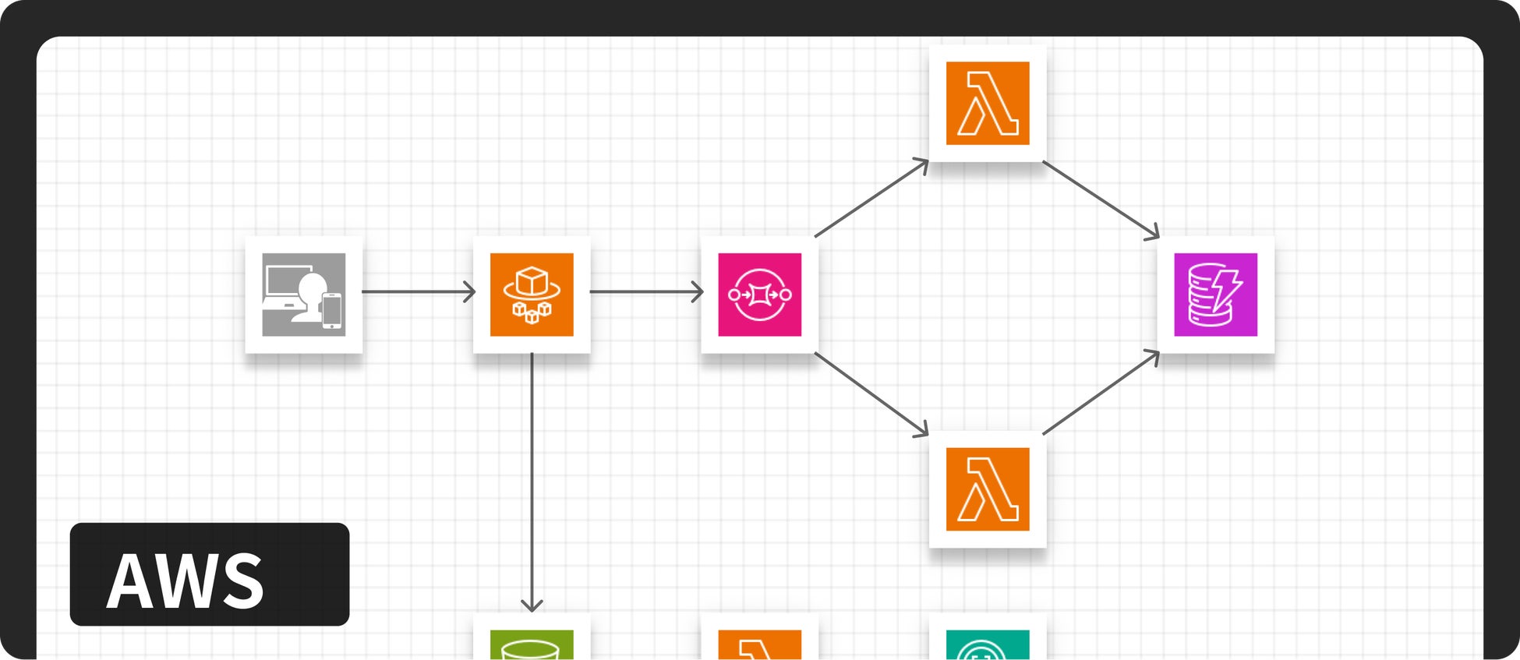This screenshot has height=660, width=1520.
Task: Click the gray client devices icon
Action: pyautogui.click(x=303, y=295)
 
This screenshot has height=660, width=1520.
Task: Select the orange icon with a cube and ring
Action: pyautogui.click(x=532, y=295)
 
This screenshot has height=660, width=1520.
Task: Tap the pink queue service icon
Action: pyautogui.click(x=759, y=295)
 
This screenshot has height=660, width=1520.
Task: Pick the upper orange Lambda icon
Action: pyautogui.click(x=988, y=103)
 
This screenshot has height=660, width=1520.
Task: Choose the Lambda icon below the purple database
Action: pyautogui.click(x=988, y=489)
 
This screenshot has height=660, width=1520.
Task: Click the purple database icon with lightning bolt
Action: pyautogui.click(x=1215, y=295)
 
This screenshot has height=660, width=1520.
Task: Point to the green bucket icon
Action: pyautogui.click(x=532, y=645)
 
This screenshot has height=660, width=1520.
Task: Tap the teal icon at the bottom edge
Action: pyautogui.click(x=988, y=645)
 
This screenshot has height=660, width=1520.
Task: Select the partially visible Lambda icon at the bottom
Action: pyautogui.click(x=759, y=645)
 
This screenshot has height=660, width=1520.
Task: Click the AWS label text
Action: pyautogui.click(x=186, y=581)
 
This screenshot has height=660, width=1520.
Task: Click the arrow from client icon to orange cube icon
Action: pyautogui.click(x=419, y=292)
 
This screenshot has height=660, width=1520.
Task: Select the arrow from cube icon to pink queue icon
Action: pyautogui.click(x=646, y=292)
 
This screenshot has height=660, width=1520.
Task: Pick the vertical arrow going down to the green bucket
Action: pyautogui.click(x=532, y=483)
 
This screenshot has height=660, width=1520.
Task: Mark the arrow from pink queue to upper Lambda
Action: pyautogui.click(x=871, y=198)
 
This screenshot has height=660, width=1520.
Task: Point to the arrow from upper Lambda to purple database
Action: pyautogui.click(x=1101, y=199)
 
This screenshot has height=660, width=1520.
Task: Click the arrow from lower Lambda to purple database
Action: pyautogui.click(x=1101, y=393)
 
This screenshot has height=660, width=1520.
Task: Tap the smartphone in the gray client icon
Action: pyautogui.click(x=332, y=309)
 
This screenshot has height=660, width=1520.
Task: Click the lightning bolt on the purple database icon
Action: pyautogui.click(x=1228, y=288)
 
